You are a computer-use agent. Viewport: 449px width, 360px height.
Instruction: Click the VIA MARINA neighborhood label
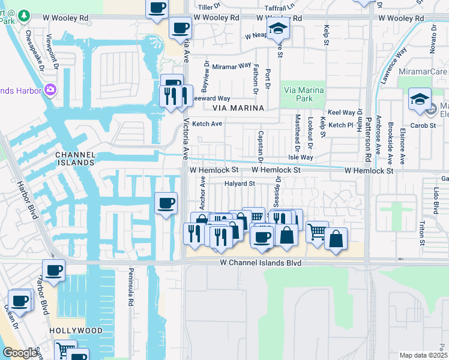pyautogui.click(x=238, y=108)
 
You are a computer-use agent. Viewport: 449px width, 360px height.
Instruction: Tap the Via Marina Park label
pyautogui.click(x=303, y=94)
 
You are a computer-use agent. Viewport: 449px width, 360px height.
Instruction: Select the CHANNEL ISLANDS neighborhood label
pyautogui.click(x=75, y=158)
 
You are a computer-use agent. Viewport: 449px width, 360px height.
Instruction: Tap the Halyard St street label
pyautogui.click(x=240, y=184)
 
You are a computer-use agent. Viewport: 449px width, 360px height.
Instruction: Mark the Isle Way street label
pyautogui.click(x=301, y=157)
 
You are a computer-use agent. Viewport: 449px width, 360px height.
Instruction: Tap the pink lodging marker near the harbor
pyautogui.click(x=50, y=90)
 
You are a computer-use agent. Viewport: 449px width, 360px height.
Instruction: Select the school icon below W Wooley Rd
pyautogui.click(x=278, y=30)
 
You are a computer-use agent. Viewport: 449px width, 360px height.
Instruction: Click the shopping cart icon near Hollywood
pyautogui.click(x=65, y=349)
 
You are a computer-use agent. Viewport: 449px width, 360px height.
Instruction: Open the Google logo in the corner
pyautogui.click(x=20, y=353)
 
